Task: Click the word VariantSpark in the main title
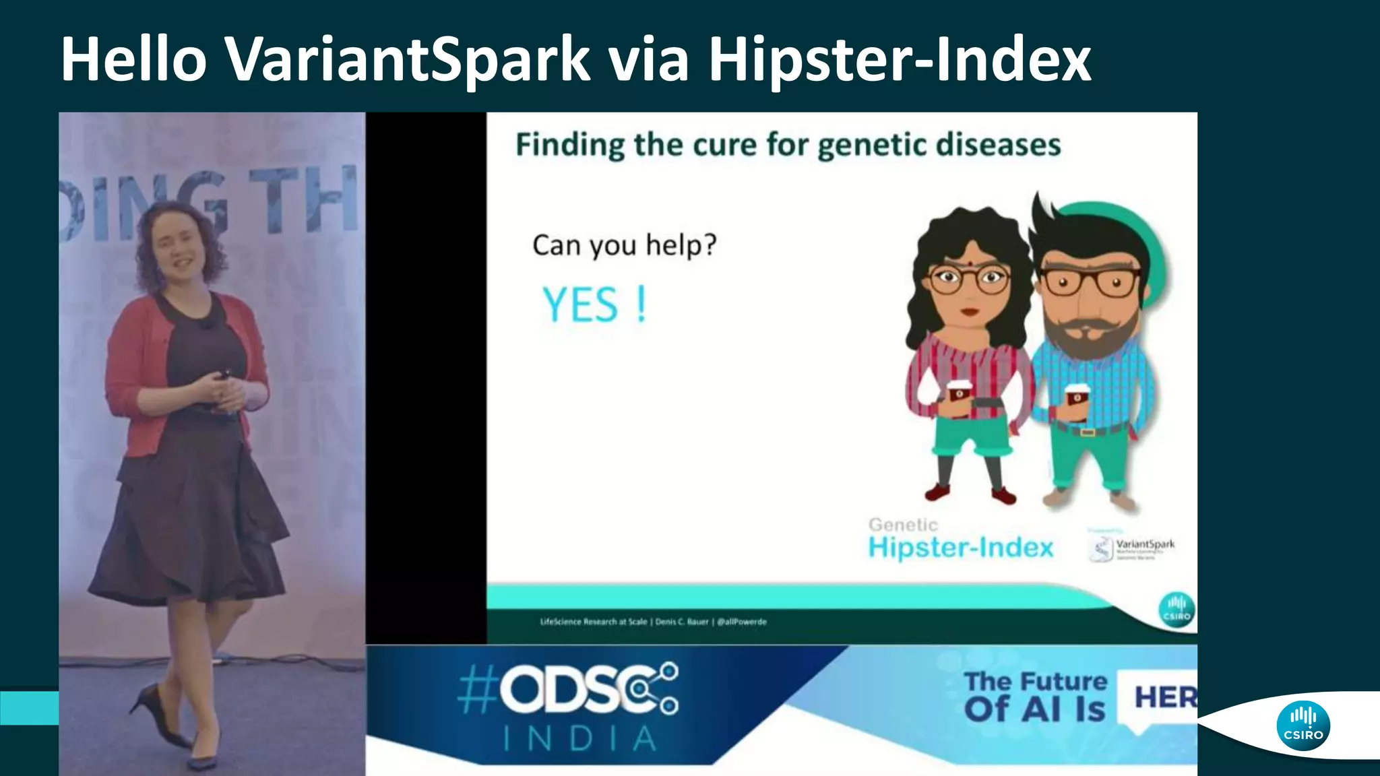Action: point(408,59)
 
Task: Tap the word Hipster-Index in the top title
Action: point(900,59)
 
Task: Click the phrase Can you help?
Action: point(624,245)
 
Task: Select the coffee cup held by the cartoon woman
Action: point(959,397)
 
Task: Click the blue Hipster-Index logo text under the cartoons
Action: point(960,547)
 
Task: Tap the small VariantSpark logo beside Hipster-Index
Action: point(1132,547)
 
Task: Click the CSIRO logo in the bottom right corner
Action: point(1303,725)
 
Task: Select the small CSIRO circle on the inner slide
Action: point(1177,609)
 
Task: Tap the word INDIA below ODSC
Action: point(579,739)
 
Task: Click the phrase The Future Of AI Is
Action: point(1035,696)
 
